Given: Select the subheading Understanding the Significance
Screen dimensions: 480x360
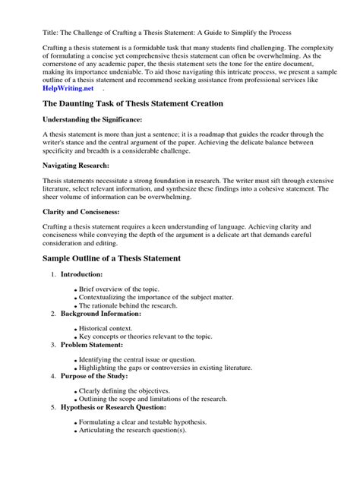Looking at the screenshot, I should click(x=90, y=119).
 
